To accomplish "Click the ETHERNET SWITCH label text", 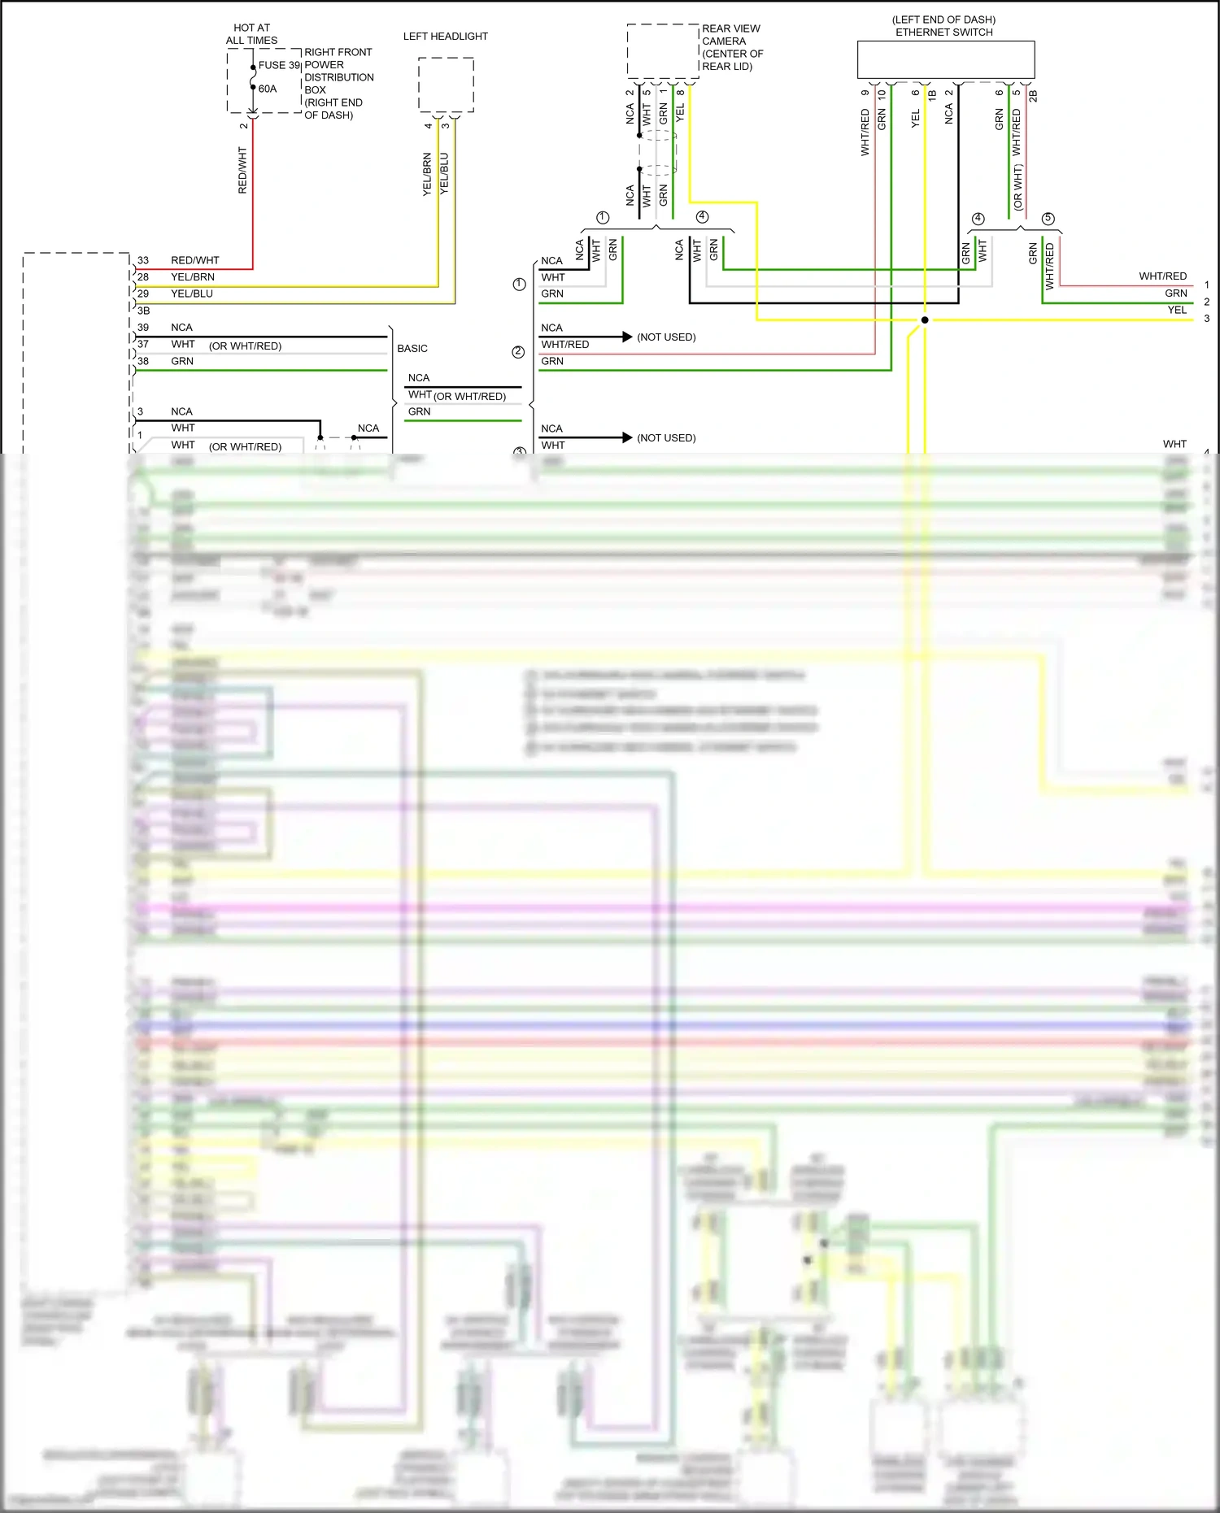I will tap(943, 33).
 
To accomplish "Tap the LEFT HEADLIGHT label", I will tap(445, 37).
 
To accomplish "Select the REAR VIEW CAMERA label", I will tap(730, 35).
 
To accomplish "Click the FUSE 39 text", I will tap(279, 65).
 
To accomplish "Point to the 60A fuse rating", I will tap(268, 89).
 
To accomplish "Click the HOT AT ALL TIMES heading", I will tap(251, 34).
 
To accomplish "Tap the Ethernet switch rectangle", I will tap(945, 60).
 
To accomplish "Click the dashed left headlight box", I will tap(446, 85).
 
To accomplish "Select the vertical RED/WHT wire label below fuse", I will tap(242, 170).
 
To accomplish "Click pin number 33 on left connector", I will tap(143, 260).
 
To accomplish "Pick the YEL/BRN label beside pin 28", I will tap(193, 277).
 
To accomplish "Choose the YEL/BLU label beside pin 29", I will tap(192, 293).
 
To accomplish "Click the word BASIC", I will tap(412, 348).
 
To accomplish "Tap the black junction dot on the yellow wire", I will tap(925, 320).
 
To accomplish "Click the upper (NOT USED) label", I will tap(666, 337).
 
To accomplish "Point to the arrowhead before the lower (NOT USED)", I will tap(627, 437).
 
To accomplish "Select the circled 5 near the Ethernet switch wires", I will tap(1048, 219).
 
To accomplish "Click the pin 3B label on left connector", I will tap(144, 311).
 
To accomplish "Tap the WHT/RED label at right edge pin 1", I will tap(1162, 276).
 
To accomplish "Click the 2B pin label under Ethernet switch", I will tap(1033, 96).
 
